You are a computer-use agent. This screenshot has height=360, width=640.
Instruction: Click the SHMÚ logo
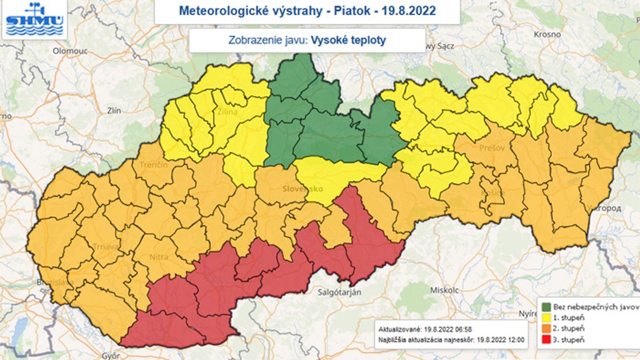click(x=34, y=19)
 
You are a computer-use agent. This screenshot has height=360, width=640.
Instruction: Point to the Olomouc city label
click(x=69, y=51)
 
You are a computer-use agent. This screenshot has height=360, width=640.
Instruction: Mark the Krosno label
click(x=547, y=34)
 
